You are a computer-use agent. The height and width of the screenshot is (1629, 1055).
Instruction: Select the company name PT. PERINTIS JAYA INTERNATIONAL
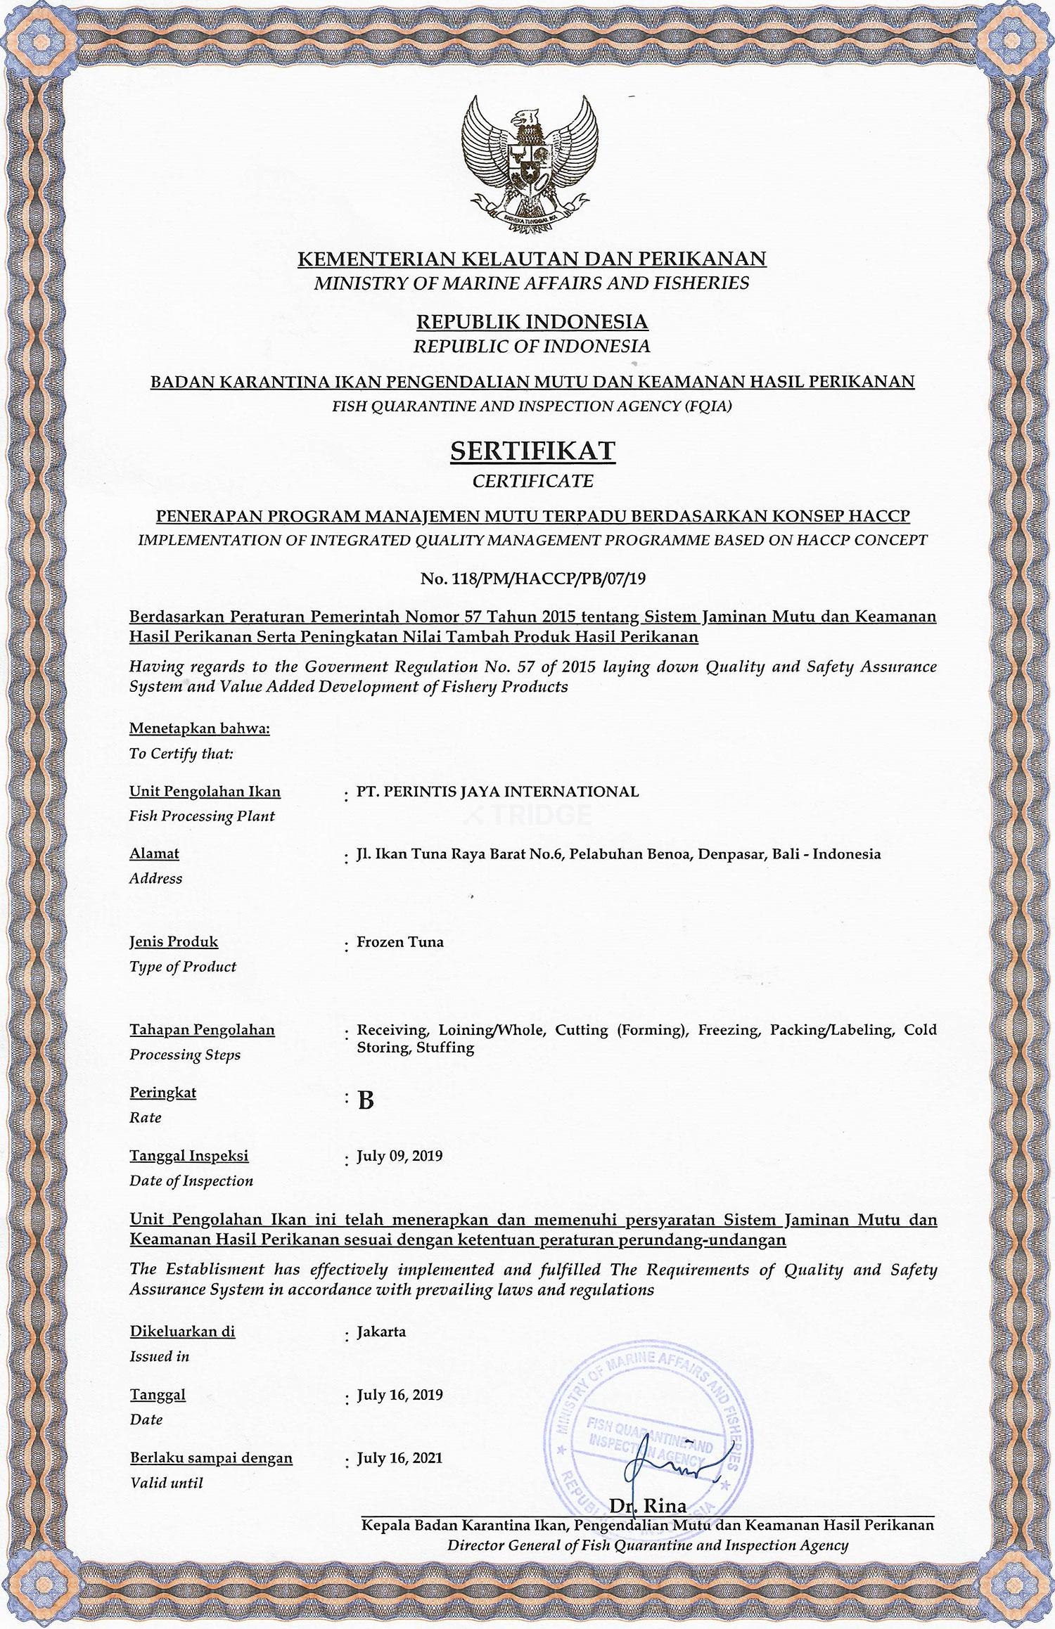(497, 791)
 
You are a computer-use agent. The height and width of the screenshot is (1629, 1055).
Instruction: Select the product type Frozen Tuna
(400, 941)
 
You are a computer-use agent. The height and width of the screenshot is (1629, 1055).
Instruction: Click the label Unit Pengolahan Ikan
(205, 791)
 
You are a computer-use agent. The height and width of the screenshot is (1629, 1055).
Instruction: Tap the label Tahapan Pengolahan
(202, 1029)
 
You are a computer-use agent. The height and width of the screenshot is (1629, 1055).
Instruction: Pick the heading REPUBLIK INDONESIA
(532, 321)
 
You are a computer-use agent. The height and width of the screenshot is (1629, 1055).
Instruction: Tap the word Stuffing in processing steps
(445, 1047)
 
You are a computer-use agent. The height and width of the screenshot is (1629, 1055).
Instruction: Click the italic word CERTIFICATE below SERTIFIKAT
(532, 482)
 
